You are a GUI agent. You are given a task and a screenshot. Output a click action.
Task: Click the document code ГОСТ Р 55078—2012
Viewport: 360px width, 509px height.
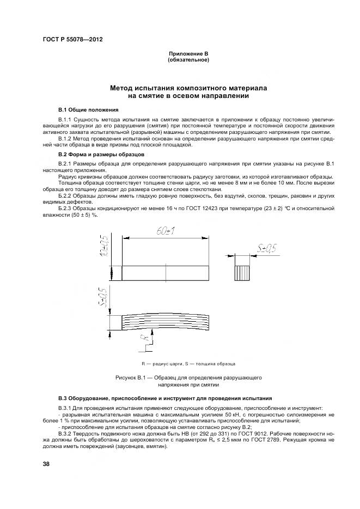coord(72,40)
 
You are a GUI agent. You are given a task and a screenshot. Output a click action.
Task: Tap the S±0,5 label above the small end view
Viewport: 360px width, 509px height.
coord(265,249)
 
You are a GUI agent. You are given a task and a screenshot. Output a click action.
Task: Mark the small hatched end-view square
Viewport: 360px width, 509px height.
coord(243,272)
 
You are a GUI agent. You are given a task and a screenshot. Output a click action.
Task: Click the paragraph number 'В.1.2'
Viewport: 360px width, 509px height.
coord(65,139)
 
